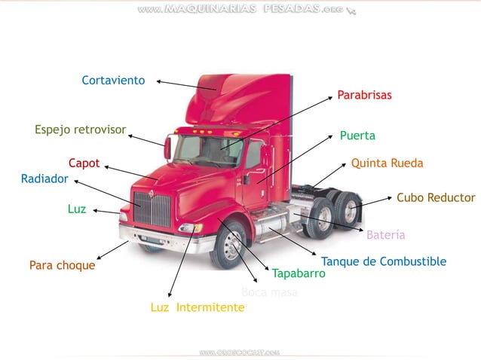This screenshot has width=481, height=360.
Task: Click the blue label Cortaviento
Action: [x=113, y=81]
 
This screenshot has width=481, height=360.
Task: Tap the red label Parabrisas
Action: [x=364, y=96]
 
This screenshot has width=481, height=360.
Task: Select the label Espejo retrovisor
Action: [x=80, y=130]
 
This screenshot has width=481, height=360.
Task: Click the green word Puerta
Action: [x=357, y=136]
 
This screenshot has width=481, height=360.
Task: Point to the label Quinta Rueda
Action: [x=387, y=163]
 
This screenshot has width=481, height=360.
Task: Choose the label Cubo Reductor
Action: [x=436, y=198]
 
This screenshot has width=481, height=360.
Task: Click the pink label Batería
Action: [x=385, y=235]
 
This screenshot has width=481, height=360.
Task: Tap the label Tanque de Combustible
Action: [x=383, y=261]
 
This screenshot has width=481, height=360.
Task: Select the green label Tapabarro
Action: [x=299, y=273]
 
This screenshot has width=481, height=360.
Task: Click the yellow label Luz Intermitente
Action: [x=197, y=307]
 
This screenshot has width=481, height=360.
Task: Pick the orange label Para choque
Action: [x=62, y=265]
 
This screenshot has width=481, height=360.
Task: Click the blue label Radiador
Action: [x=44, y=179]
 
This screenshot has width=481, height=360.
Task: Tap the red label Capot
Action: [x=84, y=163]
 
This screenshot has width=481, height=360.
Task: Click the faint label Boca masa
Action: [x=269, y=292]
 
